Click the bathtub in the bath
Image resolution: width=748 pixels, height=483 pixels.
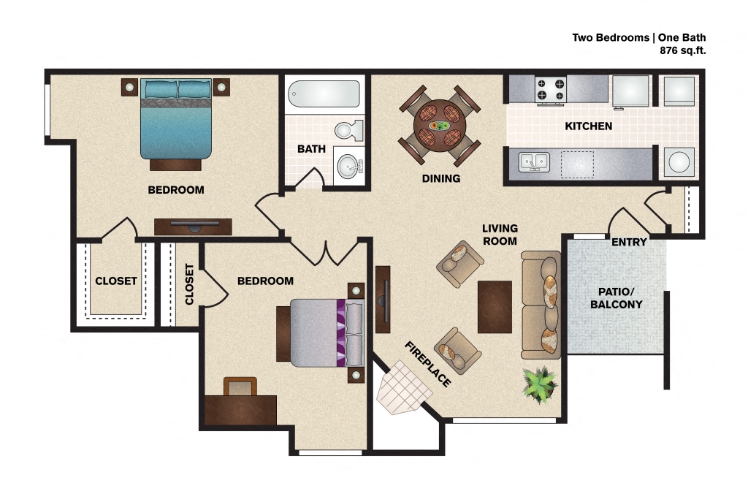[324, 94]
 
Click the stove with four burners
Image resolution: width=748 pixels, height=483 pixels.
[551, 89]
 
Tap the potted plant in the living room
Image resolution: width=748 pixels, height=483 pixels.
[540, 382]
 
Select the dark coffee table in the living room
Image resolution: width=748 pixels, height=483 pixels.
[494, 306]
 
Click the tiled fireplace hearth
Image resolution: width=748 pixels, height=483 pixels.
[402, 389]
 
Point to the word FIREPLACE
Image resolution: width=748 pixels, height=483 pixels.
[428, 364]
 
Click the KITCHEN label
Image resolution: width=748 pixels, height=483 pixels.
[588, 126]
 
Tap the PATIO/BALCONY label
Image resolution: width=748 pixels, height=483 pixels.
[617, 297]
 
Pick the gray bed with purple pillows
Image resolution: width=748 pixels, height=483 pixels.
[318, 332]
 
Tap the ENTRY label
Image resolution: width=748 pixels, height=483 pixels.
[629, 242]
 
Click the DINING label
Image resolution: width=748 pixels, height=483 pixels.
[440, 178]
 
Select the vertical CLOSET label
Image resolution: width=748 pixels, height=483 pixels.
[189, 284]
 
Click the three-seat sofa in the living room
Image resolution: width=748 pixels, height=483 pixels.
[541, 305]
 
